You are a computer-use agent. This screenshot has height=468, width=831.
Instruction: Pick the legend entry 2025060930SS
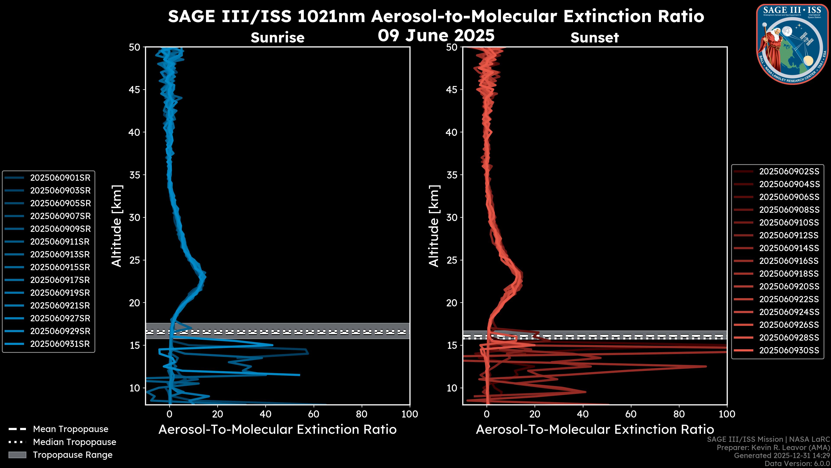pyautogui.click(x=789, y=350)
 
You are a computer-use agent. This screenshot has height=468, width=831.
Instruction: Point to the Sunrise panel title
pyautogui.click(x=277, y=38)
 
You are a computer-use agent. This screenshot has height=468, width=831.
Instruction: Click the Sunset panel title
pyautogui.click(x=594, y=38)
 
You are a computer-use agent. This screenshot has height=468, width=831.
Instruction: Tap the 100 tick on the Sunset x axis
pyautogui.click(x=727, y=414)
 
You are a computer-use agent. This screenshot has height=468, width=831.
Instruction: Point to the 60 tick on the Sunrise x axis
pyautogui.click(x=314, y=414)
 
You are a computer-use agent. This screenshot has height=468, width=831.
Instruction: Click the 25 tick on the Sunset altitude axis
pyautogui.click(x=452, y=260)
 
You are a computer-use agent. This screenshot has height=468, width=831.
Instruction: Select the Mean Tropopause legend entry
pyautogui.click(x=70, y=429)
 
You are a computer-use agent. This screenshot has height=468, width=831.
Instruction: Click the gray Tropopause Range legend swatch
pyautogui.click(x=17, y=455)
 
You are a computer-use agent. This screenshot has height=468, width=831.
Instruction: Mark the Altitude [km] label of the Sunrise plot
pyautogui.click(x=117, y=226)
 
